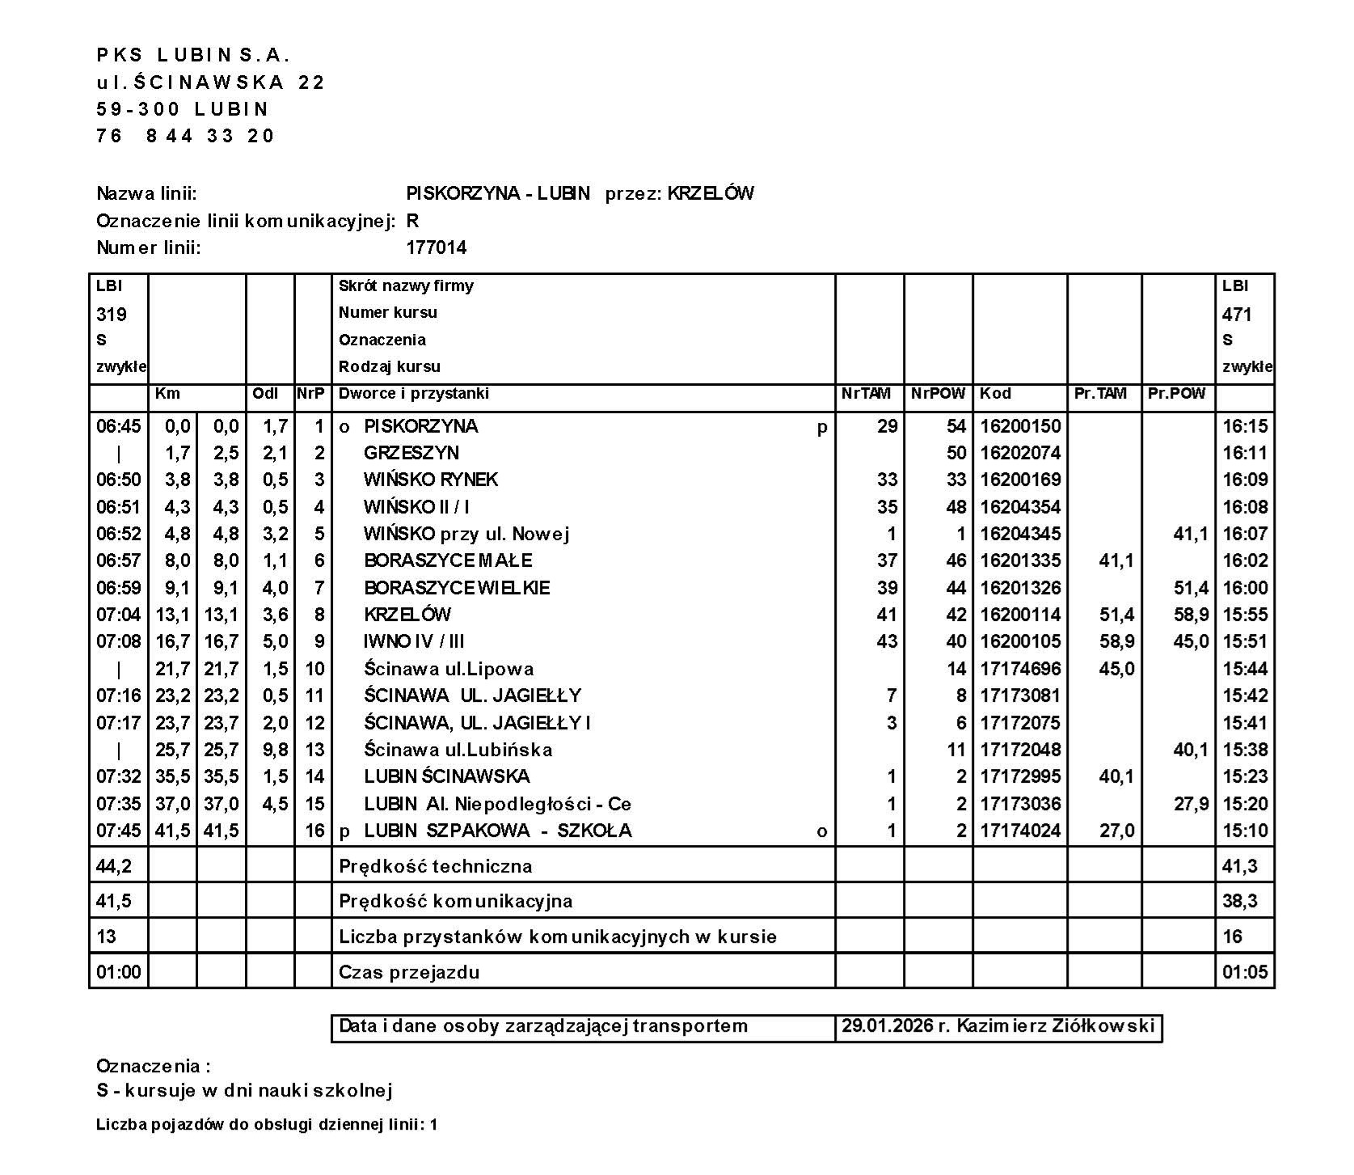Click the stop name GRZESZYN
(411, 453)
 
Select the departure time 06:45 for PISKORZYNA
(118, 426)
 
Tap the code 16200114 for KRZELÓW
(1019, 615)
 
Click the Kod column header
(995, 394)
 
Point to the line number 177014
(437, 247)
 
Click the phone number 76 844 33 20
(186, 136)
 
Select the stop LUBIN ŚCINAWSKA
(446, 776)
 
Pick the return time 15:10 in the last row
(1245, 831)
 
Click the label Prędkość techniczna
(435, 867)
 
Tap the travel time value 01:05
(1245, 972)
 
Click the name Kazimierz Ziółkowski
(1055, 1026)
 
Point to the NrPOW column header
(938, 394)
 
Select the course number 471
(1237, 314)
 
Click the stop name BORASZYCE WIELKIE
(457, 588)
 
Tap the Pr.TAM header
(1100, 394)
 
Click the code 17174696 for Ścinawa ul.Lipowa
(1019, 669)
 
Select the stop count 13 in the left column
(106, 936)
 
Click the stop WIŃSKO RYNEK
(430, 480)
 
